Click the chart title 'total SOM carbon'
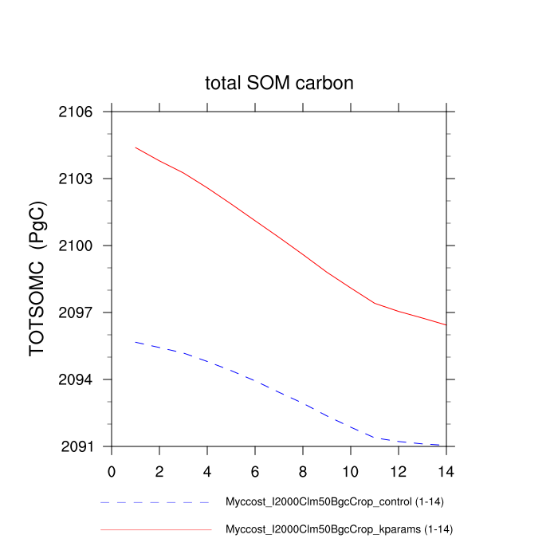tap(279, 83)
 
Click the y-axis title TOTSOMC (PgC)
tap(37, 278)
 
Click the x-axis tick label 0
tap(112, 471)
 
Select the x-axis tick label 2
tap(159, 471)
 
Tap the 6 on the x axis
tap(255, 471)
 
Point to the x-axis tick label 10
tap(350, 471)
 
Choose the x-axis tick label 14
tap(446, 471)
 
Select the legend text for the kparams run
tap(339, 529)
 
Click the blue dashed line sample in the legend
tap(155, 503)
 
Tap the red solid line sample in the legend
tap(155, 529)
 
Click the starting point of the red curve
tap(136, 147)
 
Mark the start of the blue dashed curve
tap(136, 342)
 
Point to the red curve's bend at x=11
tap(374, 303)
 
